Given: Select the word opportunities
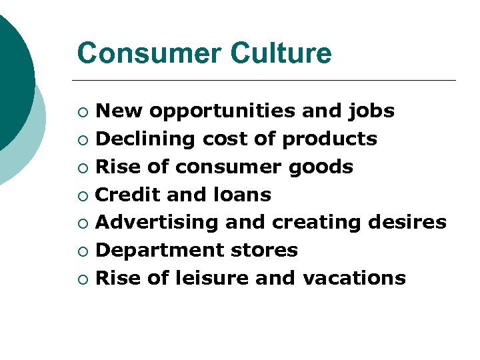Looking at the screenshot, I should tap(223, 111).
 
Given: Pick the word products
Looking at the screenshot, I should tap(330, 139).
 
